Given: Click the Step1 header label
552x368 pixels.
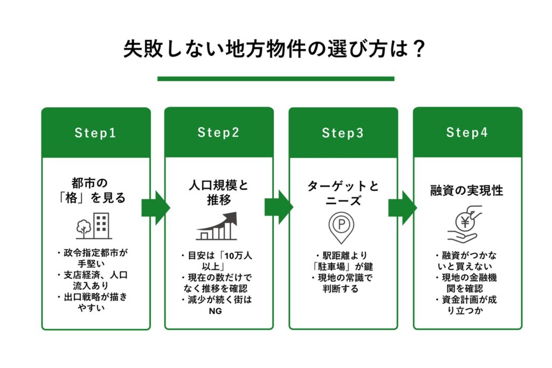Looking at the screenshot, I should (95, 133).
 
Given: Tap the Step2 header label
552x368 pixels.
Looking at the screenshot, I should (218, 133).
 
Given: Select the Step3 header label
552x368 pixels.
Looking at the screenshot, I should (343, 133).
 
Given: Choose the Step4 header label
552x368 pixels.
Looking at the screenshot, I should (467, 133).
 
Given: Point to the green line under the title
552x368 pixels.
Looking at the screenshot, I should (275, 79).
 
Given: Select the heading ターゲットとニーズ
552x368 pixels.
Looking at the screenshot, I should (343, 193).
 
